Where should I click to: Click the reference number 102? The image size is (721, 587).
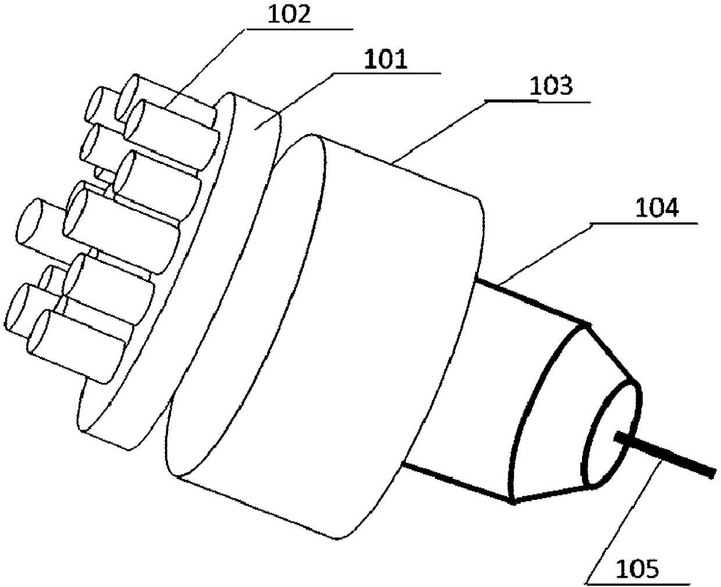290,15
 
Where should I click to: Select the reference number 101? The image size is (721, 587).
386,60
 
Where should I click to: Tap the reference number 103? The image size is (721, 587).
551,87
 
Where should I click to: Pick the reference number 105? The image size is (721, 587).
637,568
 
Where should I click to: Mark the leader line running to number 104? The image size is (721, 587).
547,250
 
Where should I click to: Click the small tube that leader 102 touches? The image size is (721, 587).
174,125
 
